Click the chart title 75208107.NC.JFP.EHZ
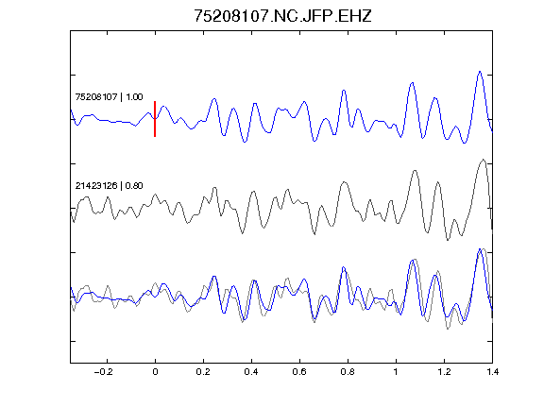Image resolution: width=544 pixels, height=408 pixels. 282,16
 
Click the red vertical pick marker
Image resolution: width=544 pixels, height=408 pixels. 155,119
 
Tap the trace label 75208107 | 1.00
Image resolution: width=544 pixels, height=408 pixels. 109,96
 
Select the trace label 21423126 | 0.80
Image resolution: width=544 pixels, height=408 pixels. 109,186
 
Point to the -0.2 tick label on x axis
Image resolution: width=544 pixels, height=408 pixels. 103,372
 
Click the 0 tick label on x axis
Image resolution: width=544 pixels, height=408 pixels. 155,372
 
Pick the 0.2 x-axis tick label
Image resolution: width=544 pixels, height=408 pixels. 203,372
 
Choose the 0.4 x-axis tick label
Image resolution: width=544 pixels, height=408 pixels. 251,372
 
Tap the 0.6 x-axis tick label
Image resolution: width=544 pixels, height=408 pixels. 299,372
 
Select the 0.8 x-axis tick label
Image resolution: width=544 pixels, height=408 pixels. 348,372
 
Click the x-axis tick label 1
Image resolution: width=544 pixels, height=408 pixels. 396,372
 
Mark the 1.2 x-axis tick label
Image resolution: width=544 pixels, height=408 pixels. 444,372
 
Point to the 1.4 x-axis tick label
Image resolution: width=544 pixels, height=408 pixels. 492,372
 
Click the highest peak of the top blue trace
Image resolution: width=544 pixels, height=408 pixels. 480,72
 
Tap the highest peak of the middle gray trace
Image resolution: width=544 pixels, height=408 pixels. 483,160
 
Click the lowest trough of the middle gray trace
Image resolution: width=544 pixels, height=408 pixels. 448,240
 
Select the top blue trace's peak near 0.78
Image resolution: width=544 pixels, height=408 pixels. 344,91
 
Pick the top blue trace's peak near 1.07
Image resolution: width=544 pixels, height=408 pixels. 412,83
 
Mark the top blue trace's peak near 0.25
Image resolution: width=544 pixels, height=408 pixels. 214,99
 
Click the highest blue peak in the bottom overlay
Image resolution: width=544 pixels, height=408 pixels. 480,249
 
